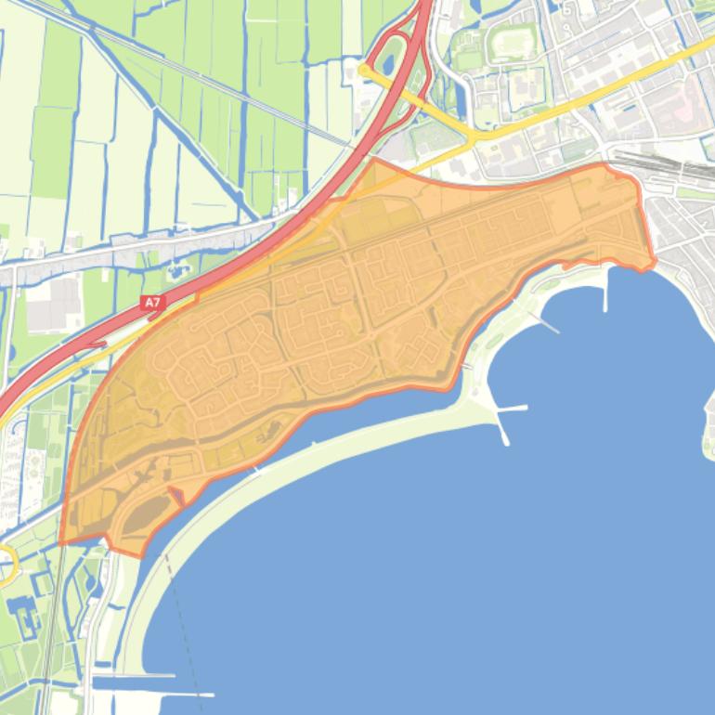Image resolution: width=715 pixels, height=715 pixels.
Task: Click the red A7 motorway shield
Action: [151, 302]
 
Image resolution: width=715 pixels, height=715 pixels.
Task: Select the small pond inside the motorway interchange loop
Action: [387, 64]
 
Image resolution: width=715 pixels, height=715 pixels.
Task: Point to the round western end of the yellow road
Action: [365, 69]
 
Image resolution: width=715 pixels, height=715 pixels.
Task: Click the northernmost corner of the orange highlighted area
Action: [375, 159]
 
